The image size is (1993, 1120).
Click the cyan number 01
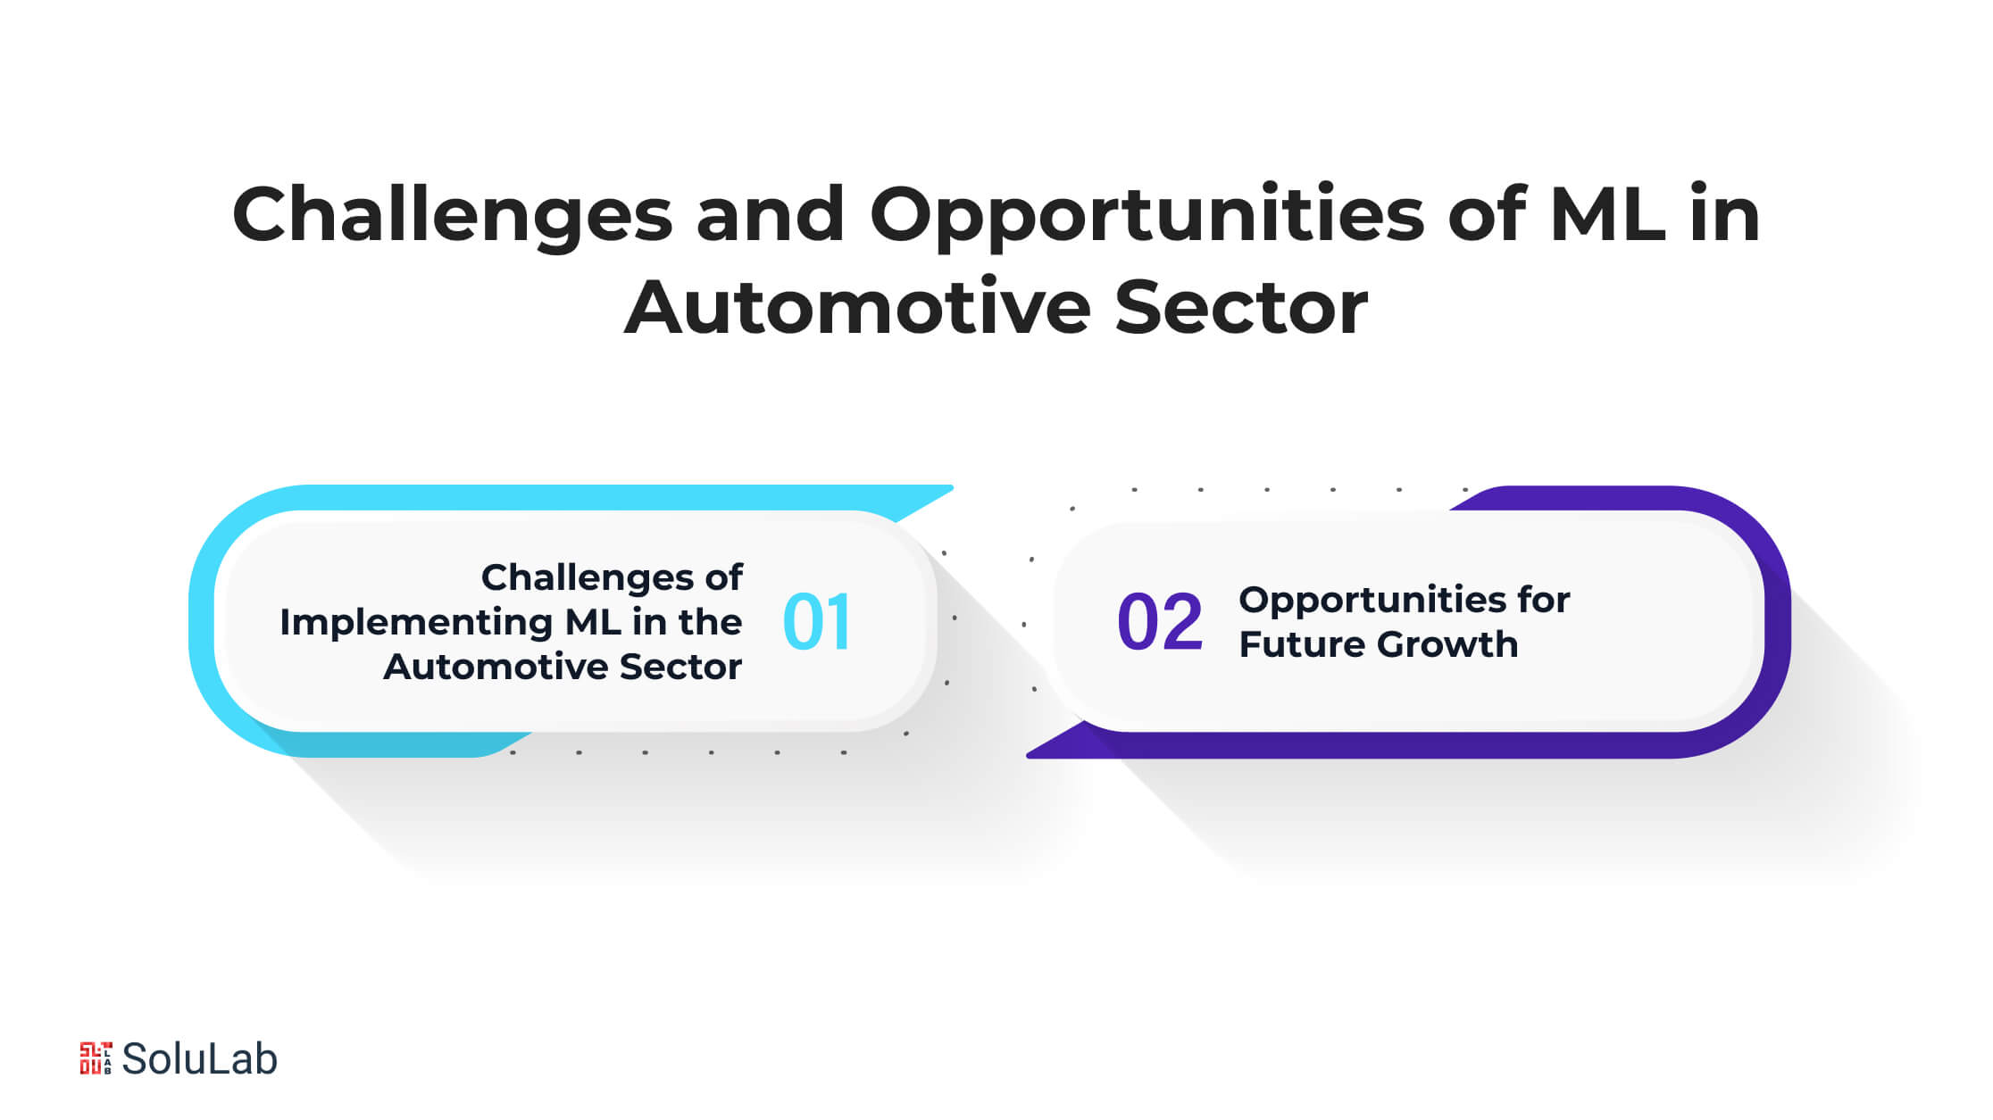[816, 622]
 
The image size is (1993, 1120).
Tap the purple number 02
[1160, 622]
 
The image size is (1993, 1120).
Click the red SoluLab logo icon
[96, 1058]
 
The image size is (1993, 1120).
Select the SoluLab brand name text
[199, 1059]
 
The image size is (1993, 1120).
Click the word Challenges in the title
[452, 214]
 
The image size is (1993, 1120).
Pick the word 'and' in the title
[770, 214]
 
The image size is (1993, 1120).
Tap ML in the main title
[1608, 214]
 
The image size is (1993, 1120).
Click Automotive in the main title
[857, 306]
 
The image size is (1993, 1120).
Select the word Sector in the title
[1241, 306]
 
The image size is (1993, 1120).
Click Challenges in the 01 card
[581, 578]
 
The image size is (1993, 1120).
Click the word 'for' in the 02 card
[1540, 600]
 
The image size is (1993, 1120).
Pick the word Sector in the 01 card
[681, 667]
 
